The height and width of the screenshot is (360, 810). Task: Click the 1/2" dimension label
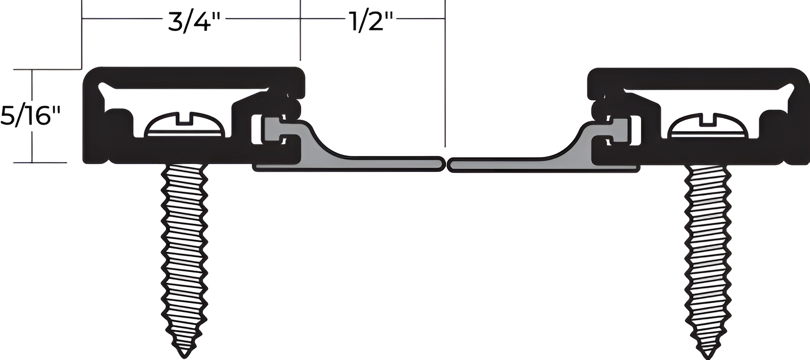pos(371,21)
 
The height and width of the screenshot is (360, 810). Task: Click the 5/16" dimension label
pos(31,117)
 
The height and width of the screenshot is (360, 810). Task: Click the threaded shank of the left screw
pos(184,251)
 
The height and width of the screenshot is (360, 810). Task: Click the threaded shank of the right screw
pos(708,251)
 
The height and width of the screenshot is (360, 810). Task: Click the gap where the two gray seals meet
pos(447,165)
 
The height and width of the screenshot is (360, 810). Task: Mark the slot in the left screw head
pos(185,117)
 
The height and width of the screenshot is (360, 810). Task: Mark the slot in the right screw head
pos(708,117)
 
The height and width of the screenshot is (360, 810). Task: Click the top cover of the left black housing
pos(193,76)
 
